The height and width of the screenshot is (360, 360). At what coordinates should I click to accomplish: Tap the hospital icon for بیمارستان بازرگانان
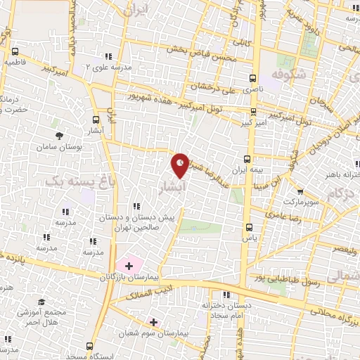[x=129, y=265]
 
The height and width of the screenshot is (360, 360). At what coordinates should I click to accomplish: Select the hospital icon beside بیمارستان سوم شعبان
[x=153, y=322]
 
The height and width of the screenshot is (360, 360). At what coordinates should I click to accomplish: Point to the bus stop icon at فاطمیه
[x=15, y=51]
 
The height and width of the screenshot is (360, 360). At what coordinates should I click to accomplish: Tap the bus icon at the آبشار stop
[x=96, y=120]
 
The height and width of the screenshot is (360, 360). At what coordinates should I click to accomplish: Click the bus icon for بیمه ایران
[x=247, y=159]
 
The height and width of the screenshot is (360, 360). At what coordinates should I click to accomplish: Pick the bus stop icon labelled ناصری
[x=252, y=79]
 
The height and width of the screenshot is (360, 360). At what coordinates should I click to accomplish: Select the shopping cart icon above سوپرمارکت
[x=300, y=191]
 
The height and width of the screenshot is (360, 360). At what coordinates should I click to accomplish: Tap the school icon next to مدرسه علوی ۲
[x=108, y=56]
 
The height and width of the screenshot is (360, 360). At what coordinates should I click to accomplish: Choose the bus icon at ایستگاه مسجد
[x=89, y=345]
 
